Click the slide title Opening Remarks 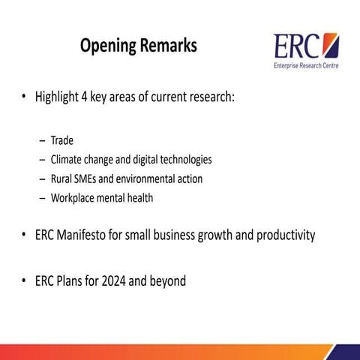[x=139, y=46]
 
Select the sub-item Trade [x=62, y=140]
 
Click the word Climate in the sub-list [x=67, y=160]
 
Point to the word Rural [x=62, y=179]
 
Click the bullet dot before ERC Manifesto [x=24, y=235]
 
